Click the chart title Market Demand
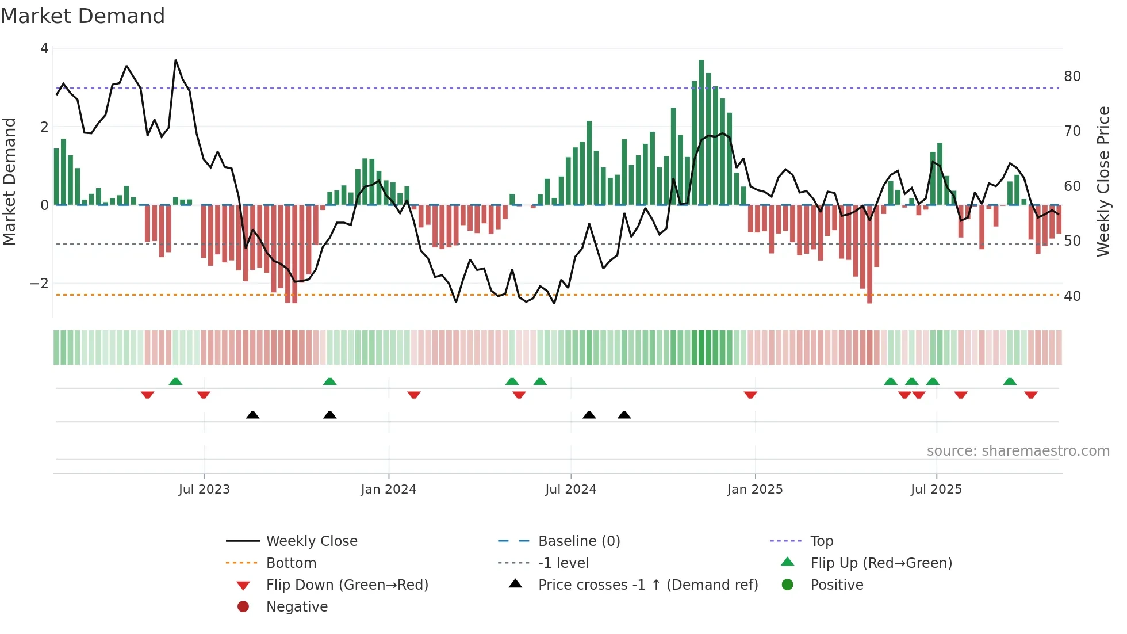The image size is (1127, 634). pos(83,16)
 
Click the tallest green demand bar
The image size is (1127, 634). pos(701,132)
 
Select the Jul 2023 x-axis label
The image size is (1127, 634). pos(204,490)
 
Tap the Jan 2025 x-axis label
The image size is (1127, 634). pos(754,490)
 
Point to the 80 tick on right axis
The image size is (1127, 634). pos(1072,77)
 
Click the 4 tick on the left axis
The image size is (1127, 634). pos(44,48)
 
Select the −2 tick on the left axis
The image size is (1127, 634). pos(39,284)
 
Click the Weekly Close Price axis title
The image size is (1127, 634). pos(1103,181)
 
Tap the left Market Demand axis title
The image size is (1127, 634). pos(10,181)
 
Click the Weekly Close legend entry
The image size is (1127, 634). pos(311,541)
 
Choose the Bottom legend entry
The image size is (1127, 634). pos(291,563)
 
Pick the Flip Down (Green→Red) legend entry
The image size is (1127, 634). pos(347,585)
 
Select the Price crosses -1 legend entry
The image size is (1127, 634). pos(647,585)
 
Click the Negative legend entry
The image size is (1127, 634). pos(297,607)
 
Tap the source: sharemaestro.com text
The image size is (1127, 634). pos(1018,451)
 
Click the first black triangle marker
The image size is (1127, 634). pos(252,415)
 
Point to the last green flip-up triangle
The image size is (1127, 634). pos(1010,381)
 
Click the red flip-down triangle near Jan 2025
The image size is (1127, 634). pos(750,395)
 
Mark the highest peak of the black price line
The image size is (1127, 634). pos(176,60)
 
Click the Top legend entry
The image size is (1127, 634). pos(821,541)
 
